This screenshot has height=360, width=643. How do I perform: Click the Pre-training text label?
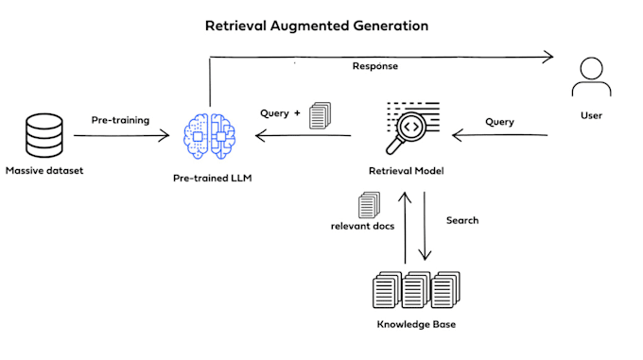[x=120, y=121]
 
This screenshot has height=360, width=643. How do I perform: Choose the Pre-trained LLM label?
[x=211, y=177]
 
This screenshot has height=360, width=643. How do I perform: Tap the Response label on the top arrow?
[x=375, y=67]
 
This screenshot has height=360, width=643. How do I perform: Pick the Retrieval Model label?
[x=406, y=171]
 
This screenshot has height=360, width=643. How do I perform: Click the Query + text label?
[x=280, y=113]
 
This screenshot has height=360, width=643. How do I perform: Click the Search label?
[x=462, y=220]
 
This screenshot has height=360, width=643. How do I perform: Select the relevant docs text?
[x=362, y=227]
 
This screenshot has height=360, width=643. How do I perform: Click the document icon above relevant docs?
[x=368, y=204]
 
